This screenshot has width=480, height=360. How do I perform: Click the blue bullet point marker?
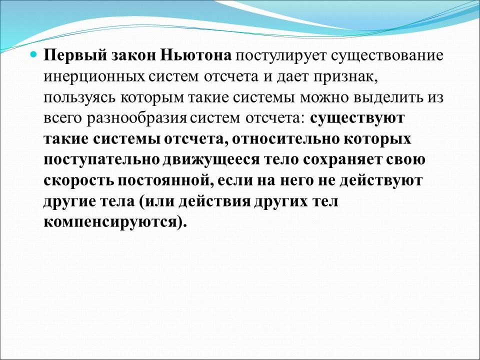[34, 53]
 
